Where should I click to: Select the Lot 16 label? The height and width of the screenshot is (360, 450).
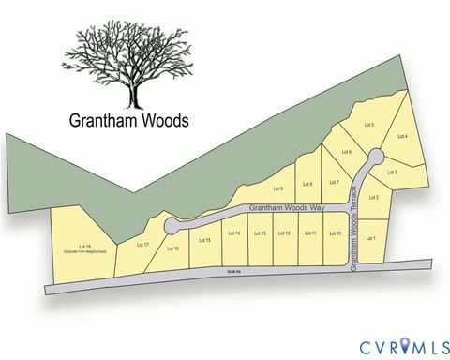click(172, 248)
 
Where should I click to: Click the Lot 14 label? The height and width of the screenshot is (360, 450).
click(234, 233)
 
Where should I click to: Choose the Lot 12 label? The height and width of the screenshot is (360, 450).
click(284, 233)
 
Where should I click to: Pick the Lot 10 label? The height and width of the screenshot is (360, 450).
click(334, 233)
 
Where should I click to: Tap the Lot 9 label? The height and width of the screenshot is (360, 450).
click(277, 189)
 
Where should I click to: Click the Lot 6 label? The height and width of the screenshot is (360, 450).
click(346, 152)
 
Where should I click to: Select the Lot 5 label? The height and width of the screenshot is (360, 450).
click(368, 125)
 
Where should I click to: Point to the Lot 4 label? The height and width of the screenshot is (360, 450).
click(403, 137)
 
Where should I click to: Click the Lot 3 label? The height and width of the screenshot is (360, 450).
click(393, 172)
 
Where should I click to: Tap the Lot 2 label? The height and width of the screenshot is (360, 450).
click(374, 198)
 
